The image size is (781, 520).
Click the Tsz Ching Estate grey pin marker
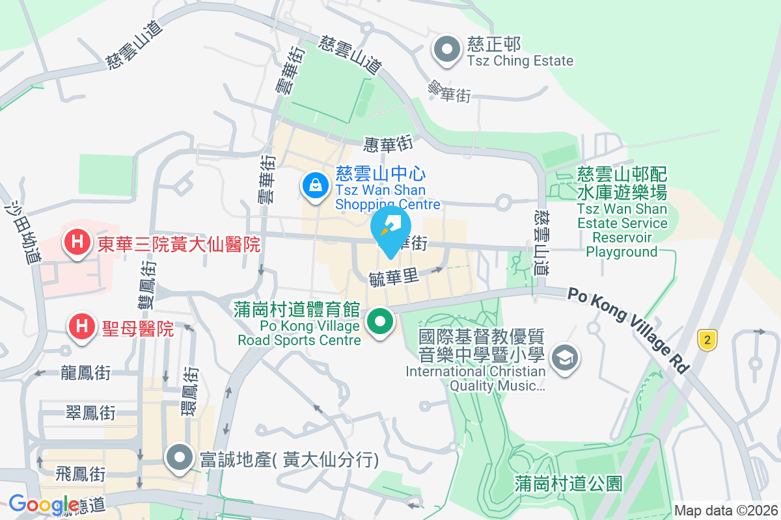tap(447, 50)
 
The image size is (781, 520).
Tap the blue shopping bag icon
tap(315, 186)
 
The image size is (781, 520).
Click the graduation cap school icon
tap(564, 357)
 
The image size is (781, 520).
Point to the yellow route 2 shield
tap(707, 339)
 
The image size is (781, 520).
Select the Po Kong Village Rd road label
tap(628, 330)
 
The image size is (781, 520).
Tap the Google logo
tap(44, 504)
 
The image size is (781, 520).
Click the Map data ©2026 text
tap(726, 510)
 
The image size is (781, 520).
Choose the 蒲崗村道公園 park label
tap(568, 483)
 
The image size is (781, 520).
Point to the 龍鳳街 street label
tap(85, 373)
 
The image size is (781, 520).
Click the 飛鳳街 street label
tap(81, 473)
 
